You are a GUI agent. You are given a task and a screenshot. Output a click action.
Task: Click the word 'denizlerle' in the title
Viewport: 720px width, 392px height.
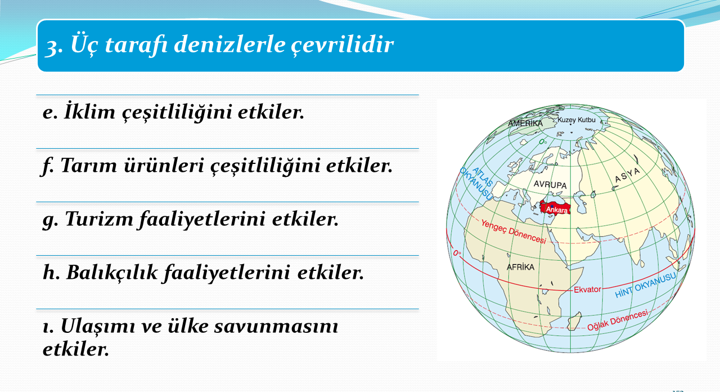pyautogui.click(x=229, y=44)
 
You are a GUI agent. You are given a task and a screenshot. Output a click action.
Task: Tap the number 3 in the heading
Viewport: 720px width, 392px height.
pyautogui.click(x=51, y=47)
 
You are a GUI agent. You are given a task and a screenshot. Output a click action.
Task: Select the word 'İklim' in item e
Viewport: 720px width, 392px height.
pyautogui.click(x=89, y=112)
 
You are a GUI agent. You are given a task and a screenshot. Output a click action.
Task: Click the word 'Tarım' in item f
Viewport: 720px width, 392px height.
pyautogui.click(x=89, y=166)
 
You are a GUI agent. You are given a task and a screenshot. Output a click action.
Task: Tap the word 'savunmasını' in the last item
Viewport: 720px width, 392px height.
pyautogui.click(x=276, y=326)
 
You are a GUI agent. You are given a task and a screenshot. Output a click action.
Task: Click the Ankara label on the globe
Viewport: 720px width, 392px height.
pyautogui.click(x=557, y=210)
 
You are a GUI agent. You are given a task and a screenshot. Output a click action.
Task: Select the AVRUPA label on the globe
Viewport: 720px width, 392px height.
pyautogui.click(x=550, y=185)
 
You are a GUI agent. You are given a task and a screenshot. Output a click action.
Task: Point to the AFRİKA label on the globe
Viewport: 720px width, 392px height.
pyautogui.click(x=520, y=267)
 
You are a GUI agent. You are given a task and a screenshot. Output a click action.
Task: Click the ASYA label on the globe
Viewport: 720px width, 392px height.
pyautogui.click(x=627, y=176)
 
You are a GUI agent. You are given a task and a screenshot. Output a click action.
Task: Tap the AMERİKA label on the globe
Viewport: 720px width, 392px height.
pyautogui.click(x=525, y=123)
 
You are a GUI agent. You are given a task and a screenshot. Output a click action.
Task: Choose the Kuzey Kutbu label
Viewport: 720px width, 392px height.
pyautogui.click(x=577, y=120)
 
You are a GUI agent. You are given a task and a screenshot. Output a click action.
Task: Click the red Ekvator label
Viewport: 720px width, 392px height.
pyautogui.click(x=588, y=289)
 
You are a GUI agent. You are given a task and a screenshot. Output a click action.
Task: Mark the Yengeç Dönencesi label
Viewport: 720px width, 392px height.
pyautogui.click(x=514, y=231)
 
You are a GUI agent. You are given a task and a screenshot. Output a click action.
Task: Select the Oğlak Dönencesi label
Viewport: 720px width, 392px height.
pyautogui.click(x=618, y=320)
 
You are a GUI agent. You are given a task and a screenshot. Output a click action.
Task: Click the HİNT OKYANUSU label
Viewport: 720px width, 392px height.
pyautogui.click(x=645, y=286)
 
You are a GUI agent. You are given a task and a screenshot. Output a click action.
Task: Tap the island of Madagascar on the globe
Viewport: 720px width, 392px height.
pyautogui.click(x=575, y=321)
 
